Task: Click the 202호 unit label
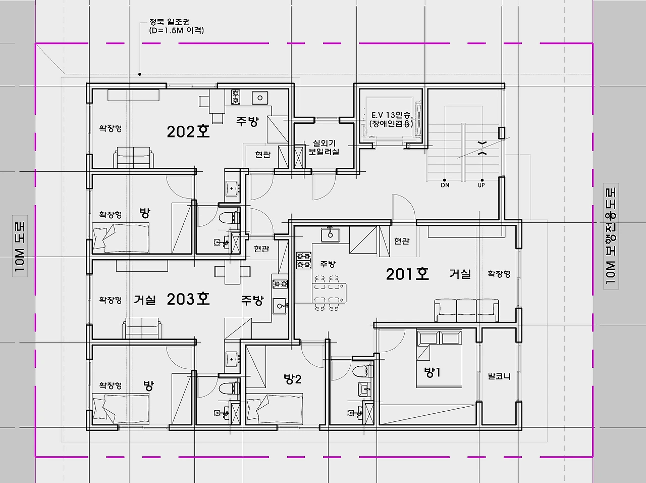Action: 188,132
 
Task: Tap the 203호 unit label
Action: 188,299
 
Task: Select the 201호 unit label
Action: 407,274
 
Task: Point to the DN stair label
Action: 445,185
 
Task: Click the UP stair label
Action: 481,185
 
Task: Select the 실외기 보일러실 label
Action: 324,148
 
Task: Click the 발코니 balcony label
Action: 499,376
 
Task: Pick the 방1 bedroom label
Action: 432,372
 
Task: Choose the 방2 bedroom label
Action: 293,379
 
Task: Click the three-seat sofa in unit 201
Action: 466,310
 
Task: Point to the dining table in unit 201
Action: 329,294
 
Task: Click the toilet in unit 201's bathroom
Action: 362,372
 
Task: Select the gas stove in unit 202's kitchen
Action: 236,97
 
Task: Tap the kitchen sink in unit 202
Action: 260,98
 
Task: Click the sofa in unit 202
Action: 134,157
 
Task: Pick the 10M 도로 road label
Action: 20,246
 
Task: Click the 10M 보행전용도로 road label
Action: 611,236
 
